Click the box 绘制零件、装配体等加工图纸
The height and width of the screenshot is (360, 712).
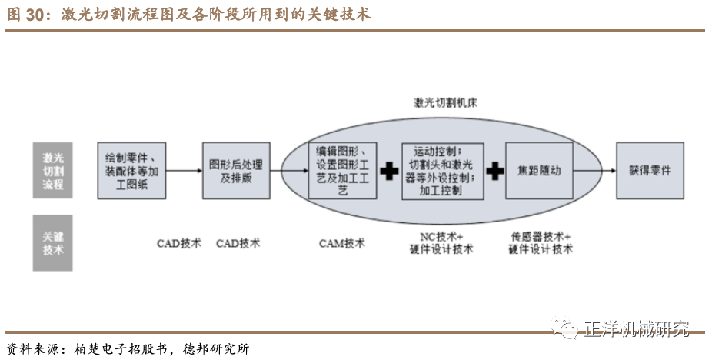coord(131,171)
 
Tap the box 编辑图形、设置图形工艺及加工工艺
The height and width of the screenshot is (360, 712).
coord(343,170)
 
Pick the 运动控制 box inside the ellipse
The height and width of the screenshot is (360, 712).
coord(442,170)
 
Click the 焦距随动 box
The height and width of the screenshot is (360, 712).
coord(539,170)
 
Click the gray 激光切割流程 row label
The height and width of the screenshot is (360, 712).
coord(52,171)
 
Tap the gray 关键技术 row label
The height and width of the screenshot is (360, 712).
coord(52,243)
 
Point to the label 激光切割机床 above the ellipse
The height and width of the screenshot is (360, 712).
coord(447,103)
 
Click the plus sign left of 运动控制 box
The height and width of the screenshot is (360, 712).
coord(390,171)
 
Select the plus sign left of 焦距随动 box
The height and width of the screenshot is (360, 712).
coord(494,171)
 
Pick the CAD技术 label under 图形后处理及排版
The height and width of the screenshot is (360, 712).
coord(238,243)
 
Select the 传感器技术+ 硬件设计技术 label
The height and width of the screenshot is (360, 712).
coord(541,243)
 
